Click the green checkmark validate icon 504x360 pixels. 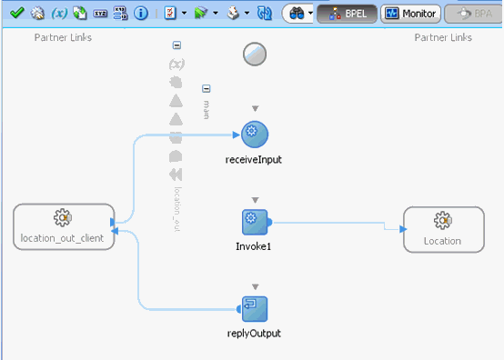(16, 14)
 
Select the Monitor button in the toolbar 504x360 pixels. (410, 14)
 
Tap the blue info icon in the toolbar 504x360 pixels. (141, 14)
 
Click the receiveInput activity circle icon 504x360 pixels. (255, 135)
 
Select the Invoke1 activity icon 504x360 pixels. (255, 222)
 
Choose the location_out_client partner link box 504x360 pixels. (63, 226)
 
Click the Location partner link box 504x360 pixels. (442, 229)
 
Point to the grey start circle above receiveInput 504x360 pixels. (255, 55)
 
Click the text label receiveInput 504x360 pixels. (255, 160)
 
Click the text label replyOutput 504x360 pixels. (255, 334)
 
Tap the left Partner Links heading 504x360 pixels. (63, 37)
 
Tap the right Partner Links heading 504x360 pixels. (443, 37)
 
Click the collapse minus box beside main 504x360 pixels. (207, 89)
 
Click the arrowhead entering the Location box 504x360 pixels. (399, 229)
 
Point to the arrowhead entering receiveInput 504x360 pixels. (237, 135)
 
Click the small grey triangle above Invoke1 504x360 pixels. (255, 199)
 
